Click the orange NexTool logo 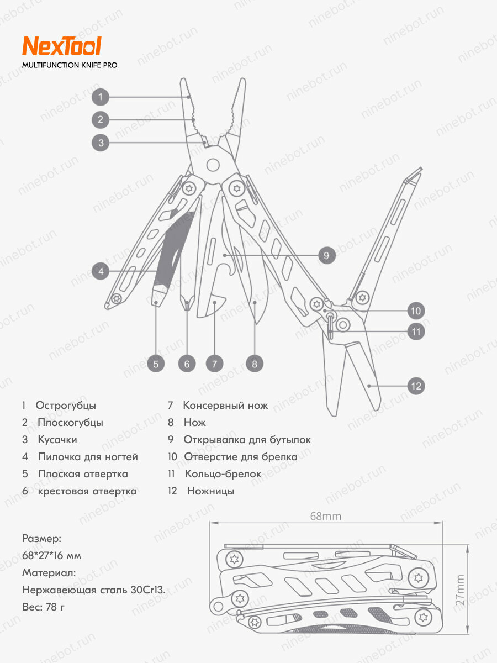point(61,46)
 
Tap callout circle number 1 point(100,97)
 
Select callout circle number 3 point(100,143)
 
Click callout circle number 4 point(101,271)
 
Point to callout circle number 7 point(214,364)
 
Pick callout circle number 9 point(326,255)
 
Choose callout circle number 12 point(416,386)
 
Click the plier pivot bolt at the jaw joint point(213,164)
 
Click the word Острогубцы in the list point(66,406)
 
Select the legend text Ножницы point(210,491)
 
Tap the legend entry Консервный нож point(225,406)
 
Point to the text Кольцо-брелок point(223,474)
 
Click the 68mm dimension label point(325,517)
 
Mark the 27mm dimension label point(460,590)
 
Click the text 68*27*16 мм point(51,556)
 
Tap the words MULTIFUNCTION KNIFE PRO point(70,65)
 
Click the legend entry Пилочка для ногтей point(88,457)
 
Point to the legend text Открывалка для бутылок point(247,440)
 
